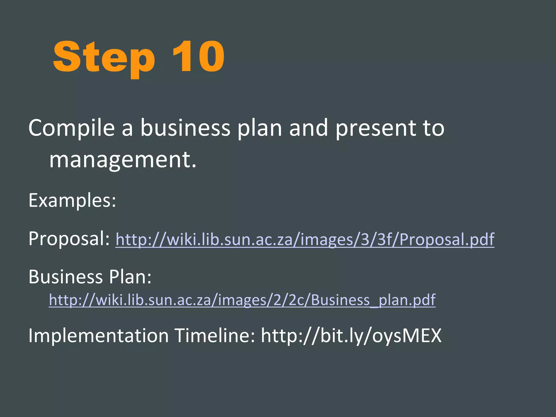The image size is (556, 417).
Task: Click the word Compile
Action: point(72,128)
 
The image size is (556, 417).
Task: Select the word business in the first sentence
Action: point(185,128)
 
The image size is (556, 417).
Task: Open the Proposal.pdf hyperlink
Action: point(305,240)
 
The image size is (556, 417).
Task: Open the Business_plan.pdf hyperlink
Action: point(242,300)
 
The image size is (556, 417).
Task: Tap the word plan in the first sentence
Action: point(260,128)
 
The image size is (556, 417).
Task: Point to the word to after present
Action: point(433,128)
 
